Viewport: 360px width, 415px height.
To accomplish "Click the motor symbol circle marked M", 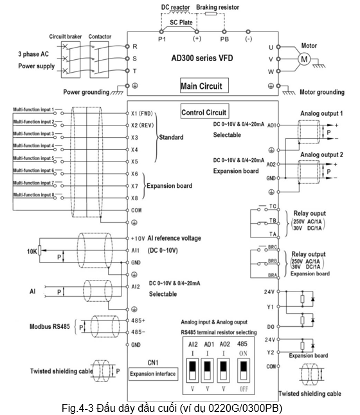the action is (x=304, y=59).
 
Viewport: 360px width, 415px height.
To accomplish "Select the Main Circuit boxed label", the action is (x=204, y=86).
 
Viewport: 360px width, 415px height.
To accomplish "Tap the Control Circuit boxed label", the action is (x=204, y=111).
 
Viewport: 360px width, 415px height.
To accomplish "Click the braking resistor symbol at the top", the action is (x=211, y=14).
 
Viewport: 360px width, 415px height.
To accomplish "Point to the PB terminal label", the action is (x=224, y=39).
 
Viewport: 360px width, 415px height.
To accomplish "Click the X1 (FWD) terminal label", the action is (x=142, y=113).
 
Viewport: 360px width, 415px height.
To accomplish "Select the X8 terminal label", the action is (x=134, y=198).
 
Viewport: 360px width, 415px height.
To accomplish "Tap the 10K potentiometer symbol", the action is (x=39, y=250).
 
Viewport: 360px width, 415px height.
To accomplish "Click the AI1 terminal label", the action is (x=135, y=250).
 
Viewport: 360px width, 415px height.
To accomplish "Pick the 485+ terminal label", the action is (x=138, y=320).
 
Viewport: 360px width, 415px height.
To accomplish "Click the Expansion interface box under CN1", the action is (x=153, y=374).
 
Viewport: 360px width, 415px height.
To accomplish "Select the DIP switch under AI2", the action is (x=193, y=371).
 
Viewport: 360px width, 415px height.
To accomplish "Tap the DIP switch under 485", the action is (x=244, y=371).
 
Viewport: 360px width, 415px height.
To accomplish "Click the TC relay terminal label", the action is (x=273, y=207).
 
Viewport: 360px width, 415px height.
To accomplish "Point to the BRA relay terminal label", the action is (x=273, y=275).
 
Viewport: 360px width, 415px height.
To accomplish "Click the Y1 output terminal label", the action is (x=271, y=307).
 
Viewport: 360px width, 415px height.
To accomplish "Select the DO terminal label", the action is (x=271, y=327).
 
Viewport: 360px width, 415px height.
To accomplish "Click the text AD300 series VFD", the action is (x=202, y=58).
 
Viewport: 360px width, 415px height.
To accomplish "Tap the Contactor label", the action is (x=100, y=37).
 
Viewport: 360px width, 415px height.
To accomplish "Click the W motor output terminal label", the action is (x=271, y=71).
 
